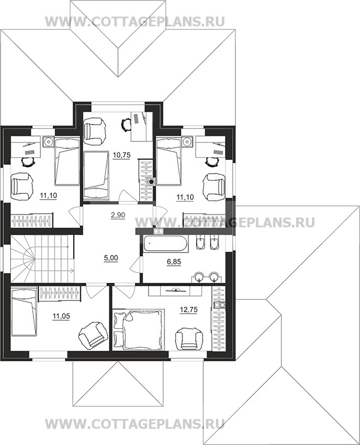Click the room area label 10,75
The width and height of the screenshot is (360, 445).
click(121, 155)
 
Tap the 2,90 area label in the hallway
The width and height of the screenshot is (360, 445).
click(117, 215)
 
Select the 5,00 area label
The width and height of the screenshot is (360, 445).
click(111, 258)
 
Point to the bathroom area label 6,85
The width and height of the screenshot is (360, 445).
click(174, 262)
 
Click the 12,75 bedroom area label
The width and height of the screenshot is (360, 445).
click(188, 310)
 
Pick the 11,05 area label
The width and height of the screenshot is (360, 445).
click(61, 316)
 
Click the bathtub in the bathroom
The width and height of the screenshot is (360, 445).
click(165, 244)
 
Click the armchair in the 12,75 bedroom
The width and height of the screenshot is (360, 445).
click(190, 339)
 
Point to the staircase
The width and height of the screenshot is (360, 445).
click(43, 259)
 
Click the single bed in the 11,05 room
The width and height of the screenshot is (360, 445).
click(24, 311)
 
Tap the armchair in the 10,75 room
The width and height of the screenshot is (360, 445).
click(95, 129)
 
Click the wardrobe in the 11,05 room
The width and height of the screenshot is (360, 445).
click(60, 293)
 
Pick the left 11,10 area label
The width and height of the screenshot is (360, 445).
click(48, 195)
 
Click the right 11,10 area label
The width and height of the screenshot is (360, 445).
click(185, 197)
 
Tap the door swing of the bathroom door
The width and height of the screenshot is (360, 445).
click(135, 264)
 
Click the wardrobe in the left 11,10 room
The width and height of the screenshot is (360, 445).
click(32, 220)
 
